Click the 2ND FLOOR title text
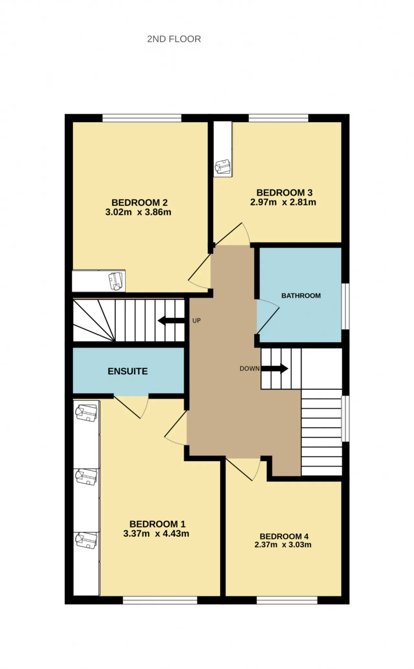click(x=174, y=39)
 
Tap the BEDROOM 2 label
click(x=139, y=203)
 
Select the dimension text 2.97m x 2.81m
click(x=283, y=202)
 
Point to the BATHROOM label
click(x=301, y=296)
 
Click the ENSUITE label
click(x=128, y=371)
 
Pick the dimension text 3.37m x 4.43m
click(x=156, y=533)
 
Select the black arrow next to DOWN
click(x=275, y=368)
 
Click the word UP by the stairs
click(x=197, y=321)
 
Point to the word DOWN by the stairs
click(x=249, y=368)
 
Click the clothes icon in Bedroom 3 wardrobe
click(x=223, y=167)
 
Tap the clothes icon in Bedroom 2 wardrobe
click(x=116, y=281)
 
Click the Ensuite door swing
click(x=131, y=407)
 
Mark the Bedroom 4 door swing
click(x=243, y=469)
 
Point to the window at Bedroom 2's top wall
click(x=142, y=118)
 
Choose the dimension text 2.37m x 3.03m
click(x=283, y=544)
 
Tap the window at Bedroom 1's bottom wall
click(x=160, y=600)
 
